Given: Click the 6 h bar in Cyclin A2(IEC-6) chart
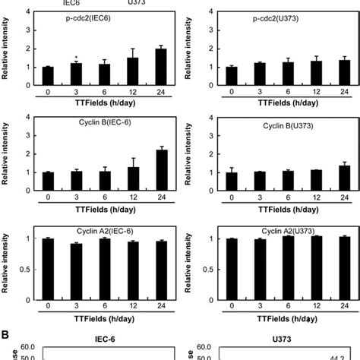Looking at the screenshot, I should pos(105,265).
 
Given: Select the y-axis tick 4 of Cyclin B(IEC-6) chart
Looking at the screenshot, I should pos(29,117).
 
